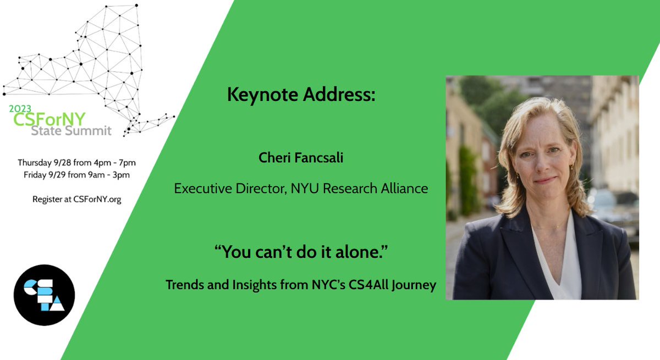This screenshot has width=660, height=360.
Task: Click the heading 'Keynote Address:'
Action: [301, 95]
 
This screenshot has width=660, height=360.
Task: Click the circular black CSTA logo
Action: [44, 295]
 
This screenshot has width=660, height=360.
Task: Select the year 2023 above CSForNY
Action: [20, 109]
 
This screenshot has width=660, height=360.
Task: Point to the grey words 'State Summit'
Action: [71, 131]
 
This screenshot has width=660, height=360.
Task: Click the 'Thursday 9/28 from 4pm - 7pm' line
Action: [76, 163]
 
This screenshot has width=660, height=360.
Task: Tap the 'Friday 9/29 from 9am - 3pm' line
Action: [76, 175]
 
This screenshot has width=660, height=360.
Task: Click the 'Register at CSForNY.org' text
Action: [76, 199]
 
